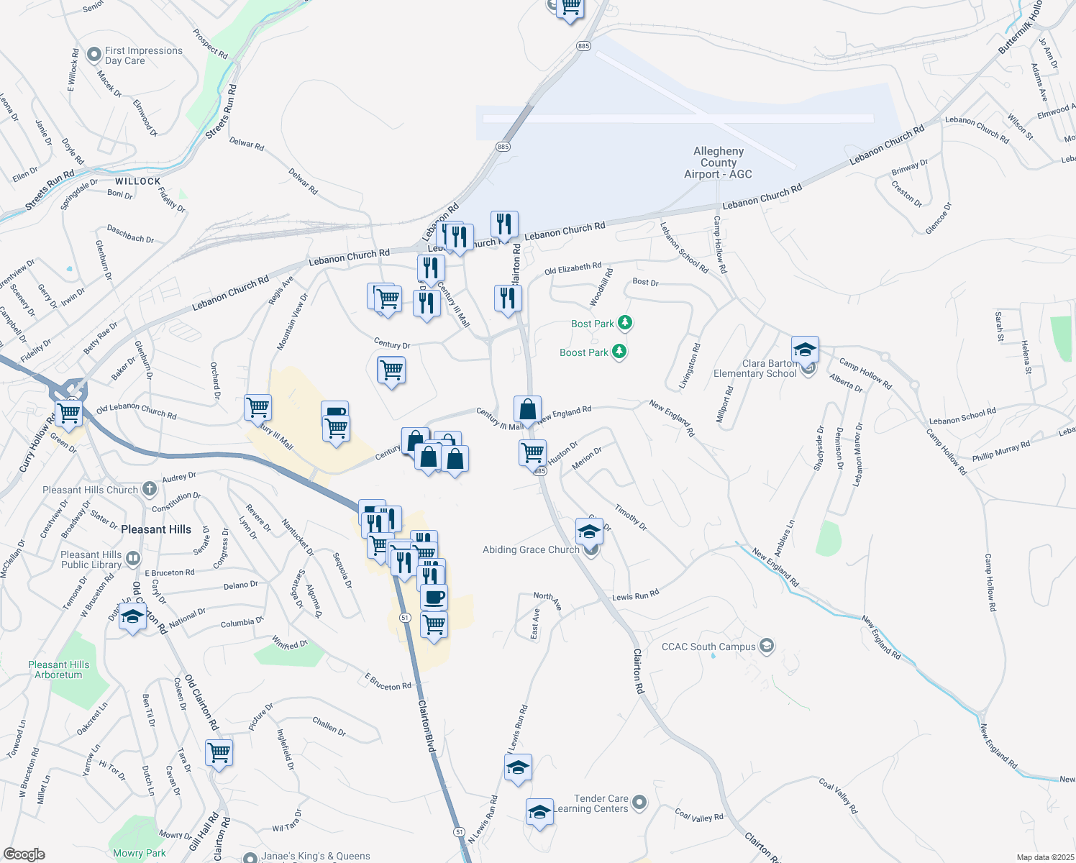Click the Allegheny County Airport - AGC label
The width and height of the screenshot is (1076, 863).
pyautogui.click(x=718, y=163)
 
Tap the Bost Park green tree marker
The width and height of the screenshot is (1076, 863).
pyautogui.click(x=625, y=323)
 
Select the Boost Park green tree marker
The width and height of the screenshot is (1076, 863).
pyautogui.click(x=619, y=352)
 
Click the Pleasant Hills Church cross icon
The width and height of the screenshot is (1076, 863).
pyautogui.click(x=149, y=489)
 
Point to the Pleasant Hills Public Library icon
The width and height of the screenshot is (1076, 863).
pyautogui.click(x=132, y=559)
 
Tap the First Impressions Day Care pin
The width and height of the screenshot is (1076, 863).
pyautogui.click(x=94, y=55)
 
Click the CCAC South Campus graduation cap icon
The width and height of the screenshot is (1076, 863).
pyautogui.click(x=767, y=645)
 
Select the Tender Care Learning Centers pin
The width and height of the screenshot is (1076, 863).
pyautogui.click(x=639, y=802)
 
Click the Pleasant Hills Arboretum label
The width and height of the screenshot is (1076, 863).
pyautogui.click(x=59, y=670)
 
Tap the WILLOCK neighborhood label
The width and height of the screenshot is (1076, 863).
pyautogui.click(x=137, y=181)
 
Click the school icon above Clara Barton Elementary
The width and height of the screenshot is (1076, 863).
pyautogui.click(x=805, y=350)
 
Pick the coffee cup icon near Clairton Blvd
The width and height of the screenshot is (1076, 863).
pyautogui.click(x=434, y=597)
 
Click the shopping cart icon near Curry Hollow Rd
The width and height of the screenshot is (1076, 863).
pyautogui.click(x=69, y=413)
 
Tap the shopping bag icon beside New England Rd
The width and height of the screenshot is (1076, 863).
pyautogui.click(x=527, y=410)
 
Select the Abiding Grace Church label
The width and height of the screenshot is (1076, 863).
pyautogui.click(x=531, y=549)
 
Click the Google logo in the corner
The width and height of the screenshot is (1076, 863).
pyautogui.click(x=24, y=854)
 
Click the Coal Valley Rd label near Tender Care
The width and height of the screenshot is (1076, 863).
pyautogui.click(x=698, y=816)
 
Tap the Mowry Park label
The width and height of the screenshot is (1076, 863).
pyautogui.click(x=140, y=853)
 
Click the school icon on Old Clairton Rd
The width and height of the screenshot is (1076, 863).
pyautogui.click(x=132, y=617)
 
